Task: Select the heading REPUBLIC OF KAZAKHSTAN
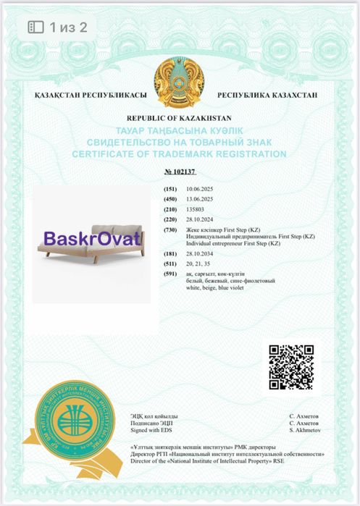pyautogui.click(x=179, y=117)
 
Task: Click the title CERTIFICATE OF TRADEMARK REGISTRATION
pyautogui.click(x=179, y=154)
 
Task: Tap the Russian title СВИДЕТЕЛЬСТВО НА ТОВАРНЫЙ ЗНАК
pyautogui.click(x=179, y=142)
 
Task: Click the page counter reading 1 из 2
pyautogui.click(x=67, y=28)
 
